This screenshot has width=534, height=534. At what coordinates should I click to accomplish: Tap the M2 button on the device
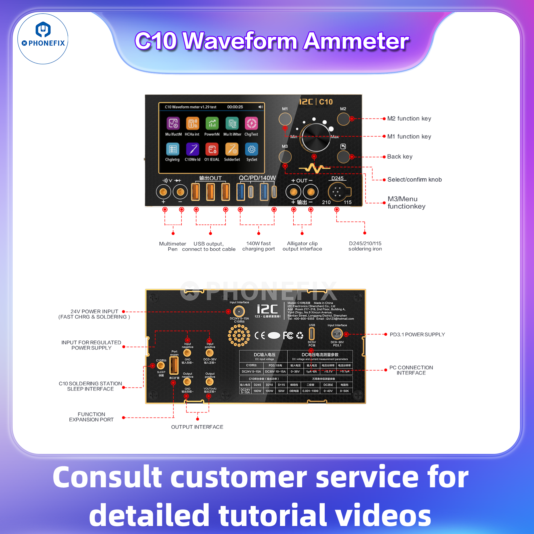click(x=343, y=119)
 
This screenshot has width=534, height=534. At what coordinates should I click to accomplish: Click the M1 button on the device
click(x=285, y=119)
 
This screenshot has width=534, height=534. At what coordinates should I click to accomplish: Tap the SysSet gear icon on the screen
click(x=252, y=150)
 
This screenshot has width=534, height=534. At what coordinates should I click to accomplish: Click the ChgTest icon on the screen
click(x=251, y=123)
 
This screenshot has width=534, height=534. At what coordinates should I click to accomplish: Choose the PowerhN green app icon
click(x=212, y=123)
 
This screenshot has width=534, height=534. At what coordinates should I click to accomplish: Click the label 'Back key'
click(x=400, y=157)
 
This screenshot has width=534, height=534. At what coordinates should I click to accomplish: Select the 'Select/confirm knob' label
click(x=415, y=180)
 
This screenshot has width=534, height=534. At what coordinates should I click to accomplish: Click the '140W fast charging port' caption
click(x=259, y=246)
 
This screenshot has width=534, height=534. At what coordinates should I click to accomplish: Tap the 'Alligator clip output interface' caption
click(x=302, y=246)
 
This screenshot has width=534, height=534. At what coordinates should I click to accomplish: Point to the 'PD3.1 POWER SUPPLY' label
click(x=417, y=334)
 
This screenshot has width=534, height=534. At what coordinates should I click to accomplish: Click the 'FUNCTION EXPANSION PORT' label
click(x=91, y=417)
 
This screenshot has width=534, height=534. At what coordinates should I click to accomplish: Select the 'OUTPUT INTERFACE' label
click(x=197, y=427)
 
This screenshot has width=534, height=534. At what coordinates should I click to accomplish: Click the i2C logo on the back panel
click(x=267, y=309)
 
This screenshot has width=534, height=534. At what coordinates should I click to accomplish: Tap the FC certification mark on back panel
click(x=288, y=335)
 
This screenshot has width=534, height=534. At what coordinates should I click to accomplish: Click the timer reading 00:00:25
click(x=235, y=107)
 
